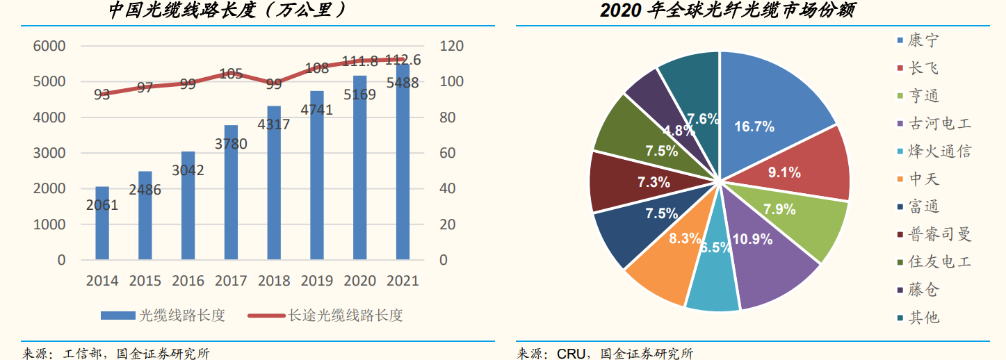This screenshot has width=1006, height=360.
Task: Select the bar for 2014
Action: [x=102, y=229]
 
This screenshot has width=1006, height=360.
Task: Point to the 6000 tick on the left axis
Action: [x=49, y=47]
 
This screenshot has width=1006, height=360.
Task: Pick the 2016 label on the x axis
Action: [x=188, y=281]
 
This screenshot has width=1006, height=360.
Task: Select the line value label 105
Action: [x=231, y=74]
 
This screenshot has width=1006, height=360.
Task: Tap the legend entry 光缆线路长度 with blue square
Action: [x=163, y=315]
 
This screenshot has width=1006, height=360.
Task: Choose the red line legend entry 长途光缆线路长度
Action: [x=327, y=315]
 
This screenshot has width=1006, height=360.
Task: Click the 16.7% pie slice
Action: [x=765, y=111]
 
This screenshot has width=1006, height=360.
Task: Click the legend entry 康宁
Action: [x=922, y=40]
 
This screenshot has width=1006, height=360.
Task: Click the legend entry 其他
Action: [x=922, y=317]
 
